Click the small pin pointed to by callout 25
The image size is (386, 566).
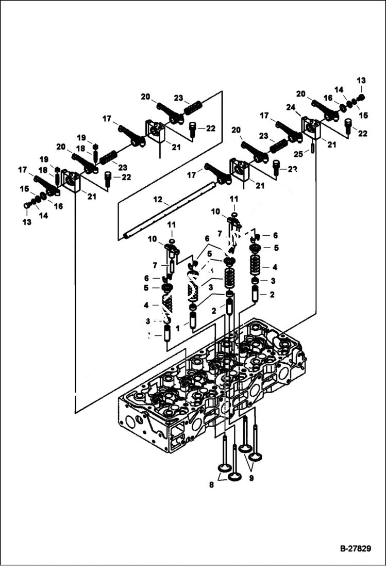tap(313, 148)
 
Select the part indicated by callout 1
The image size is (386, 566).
tap(193, 320)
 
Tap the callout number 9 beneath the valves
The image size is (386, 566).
tap(252, 478)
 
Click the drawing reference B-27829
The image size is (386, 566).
tap(355, 548)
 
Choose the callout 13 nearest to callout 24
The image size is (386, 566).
tap(361, 80)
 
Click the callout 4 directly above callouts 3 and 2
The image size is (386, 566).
tap(275, 267)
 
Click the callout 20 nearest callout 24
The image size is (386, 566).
tap(300, 94)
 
